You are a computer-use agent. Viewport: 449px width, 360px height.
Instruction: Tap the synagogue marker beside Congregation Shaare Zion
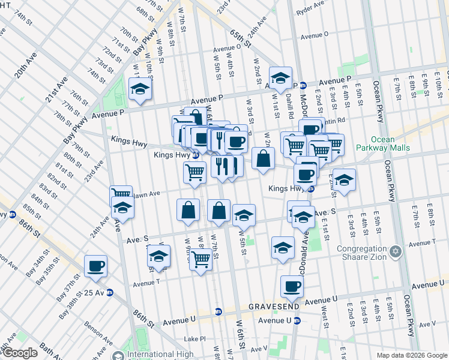395,251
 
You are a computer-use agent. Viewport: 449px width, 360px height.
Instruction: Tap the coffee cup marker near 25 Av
95,266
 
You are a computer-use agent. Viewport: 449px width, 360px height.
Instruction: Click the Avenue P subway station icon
304,85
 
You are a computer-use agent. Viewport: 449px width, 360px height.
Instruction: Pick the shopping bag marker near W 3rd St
263,158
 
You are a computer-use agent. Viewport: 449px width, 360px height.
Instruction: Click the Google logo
19,353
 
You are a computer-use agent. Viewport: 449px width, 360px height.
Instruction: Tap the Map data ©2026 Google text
412,355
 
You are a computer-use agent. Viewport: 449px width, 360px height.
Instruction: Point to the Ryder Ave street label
311,12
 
